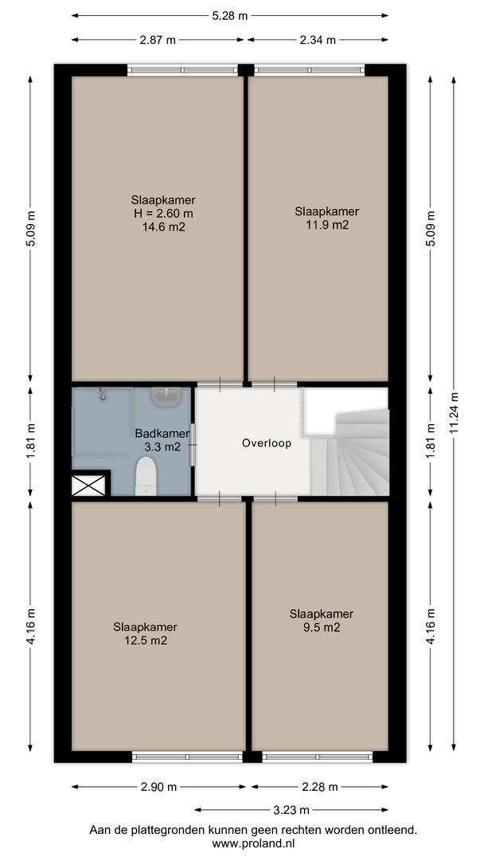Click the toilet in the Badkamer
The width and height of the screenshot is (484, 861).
[x=146, y=476]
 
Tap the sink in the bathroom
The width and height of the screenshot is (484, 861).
[x=166, y=396]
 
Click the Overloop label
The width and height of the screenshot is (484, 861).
[x=267, y=443]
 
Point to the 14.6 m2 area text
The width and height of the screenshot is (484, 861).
[x=163, y=226]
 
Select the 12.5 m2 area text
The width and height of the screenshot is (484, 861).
[x=145, y=640]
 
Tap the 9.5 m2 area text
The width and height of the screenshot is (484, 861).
[x=321, y=627]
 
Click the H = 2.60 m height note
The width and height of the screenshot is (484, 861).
[x=163, y=213]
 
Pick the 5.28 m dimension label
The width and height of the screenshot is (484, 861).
[x=230, y=15]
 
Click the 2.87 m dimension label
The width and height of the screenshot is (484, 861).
[x=158, y=40]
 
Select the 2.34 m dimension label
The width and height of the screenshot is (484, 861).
[x=318, y=40]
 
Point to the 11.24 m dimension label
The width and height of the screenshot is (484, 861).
[x=454, y=412]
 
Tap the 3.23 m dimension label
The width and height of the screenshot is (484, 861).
[x=292, y=810]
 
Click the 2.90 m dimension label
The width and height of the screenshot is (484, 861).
[x=158, y=787]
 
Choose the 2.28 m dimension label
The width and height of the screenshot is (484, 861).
[x=319, y=787]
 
